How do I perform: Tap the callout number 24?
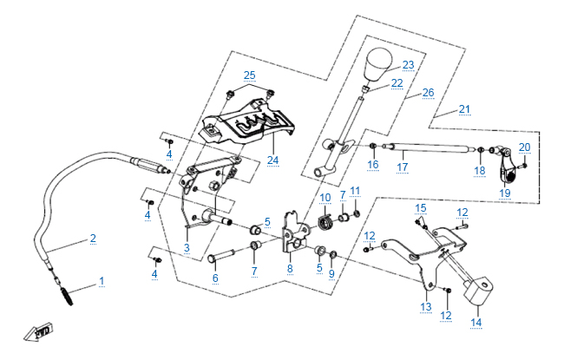(272, 160)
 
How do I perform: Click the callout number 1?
(102, 281)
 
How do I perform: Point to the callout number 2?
(93, 238)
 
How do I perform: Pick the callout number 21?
(464, 109)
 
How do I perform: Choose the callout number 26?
(428, 92)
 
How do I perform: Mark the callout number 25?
(250, 75)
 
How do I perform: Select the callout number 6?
(215, 278)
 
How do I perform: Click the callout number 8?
(290, 270)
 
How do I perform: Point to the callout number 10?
(325, 199)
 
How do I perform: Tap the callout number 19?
(505, 193)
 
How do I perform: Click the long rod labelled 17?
(425, 147)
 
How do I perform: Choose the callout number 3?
(187, 248)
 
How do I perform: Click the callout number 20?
(524, 147)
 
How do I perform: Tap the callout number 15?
(421, 208)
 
